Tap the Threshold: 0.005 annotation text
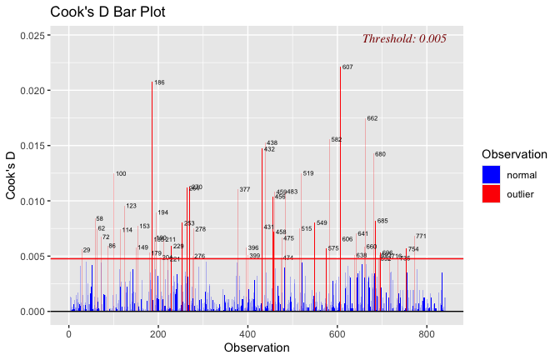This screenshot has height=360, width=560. [404, 38]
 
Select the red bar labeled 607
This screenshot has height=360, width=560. [340, 167]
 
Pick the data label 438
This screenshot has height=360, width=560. [272, 143]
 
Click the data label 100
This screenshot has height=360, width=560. [121, 174]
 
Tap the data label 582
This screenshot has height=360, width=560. [336, 140]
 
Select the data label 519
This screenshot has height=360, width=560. [307, 173]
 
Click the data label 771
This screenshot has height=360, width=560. [421, 237]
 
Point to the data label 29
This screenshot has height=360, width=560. [87, 250]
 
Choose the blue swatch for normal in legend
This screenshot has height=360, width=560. [492, 174]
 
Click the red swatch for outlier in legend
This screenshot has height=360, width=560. [492, 193]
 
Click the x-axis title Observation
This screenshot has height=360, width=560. [257, 347]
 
